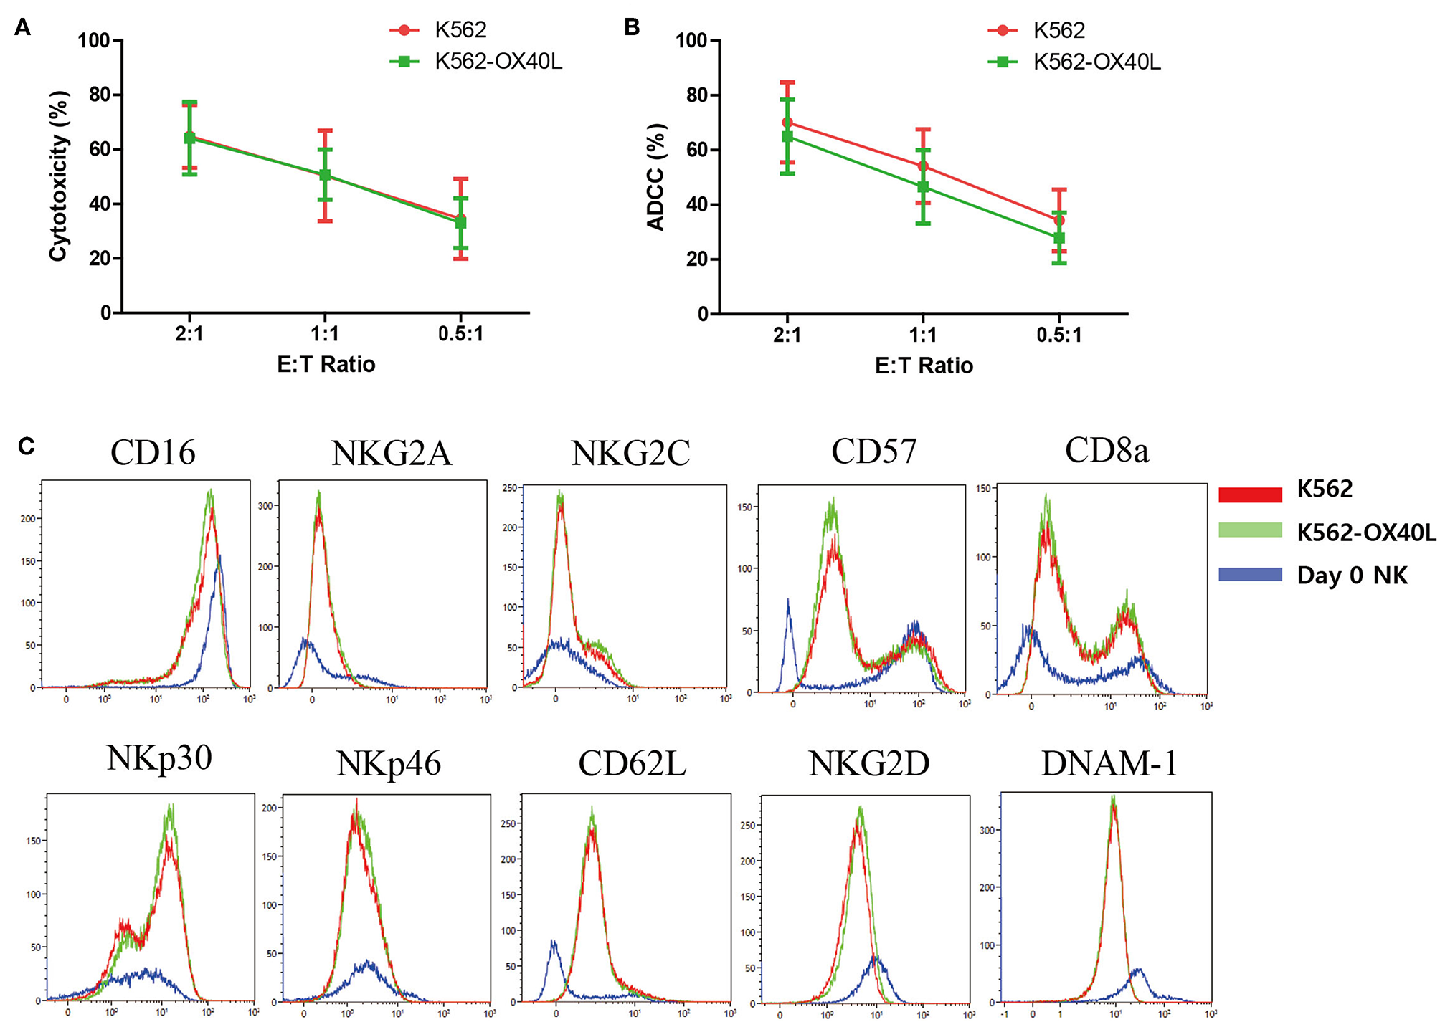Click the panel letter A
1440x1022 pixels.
tap(22, 28)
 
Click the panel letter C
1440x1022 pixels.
tap(26, 446)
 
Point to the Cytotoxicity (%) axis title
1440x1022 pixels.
tap(59, 176)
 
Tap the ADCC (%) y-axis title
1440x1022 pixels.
tap(656, 177)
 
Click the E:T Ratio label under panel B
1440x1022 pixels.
tap(924, 366)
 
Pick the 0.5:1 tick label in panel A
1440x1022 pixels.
tap(460, 334)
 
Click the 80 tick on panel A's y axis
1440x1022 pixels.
tap(99, 95)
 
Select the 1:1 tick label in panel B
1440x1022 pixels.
tap(923, 335)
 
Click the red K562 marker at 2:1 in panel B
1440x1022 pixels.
tap(787, 123)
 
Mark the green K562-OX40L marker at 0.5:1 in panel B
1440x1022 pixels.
tap(1059, 238)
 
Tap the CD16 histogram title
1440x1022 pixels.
tap(153, 452)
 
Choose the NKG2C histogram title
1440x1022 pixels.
tap(630, 453)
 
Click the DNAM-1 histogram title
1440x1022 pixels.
tap(1109, 763)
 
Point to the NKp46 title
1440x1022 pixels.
tap(388, 764)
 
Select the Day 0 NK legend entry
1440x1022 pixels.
tap(1352, 576)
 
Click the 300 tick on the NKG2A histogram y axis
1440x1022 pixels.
tap(266, 505)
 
